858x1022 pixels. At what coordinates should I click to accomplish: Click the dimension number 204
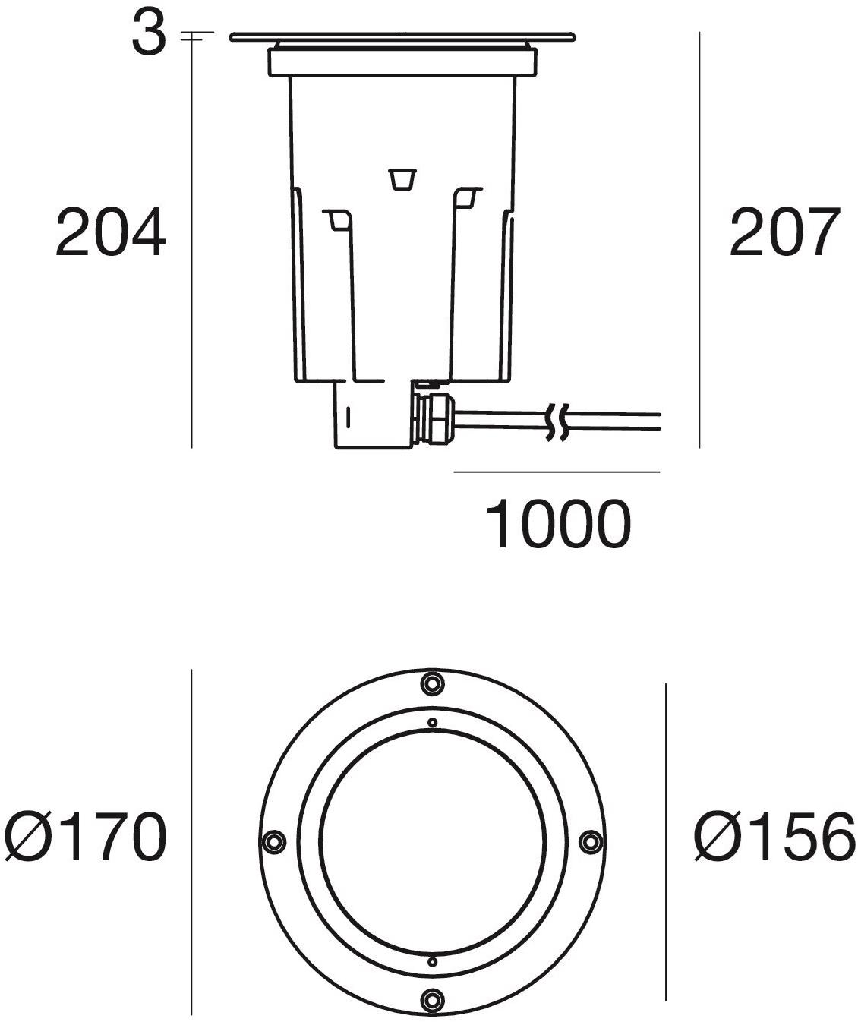111,232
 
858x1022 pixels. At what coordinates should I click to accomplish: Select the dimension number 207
785,232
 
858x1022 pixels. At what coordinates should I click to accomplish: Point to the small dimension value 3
148,34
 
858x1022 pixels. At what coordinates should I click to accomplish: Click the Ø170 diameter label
85,837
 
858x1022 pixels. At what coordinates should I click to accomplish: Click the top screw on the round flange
432,683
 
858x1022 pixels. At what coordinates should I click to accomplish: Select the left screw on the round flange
273,841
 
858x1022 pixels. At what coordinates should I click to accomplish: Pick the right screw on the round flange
591,841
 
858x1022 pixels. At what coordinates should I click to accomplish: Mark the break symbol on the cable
557,423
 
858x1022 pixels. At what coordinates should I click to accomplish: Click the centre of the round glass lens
432,841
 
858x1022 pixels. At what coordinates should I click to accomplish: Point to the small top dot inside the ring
432,721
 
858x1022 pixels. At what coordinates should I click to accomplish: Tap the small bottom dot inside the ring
432,961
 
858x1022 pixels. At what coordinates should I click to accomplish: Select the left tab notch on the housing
336,220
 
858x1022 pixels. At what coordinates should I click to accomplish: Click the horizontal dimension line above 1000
557,472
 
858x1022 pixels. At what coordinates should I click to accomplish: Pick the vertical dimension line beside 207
699,239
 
